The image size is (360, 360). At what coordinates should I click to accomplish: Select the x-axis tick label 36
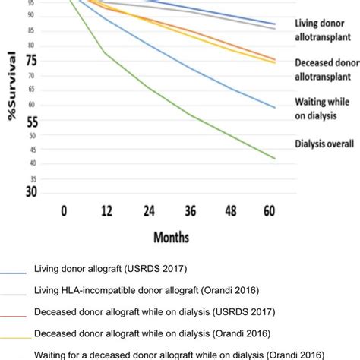190,209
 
